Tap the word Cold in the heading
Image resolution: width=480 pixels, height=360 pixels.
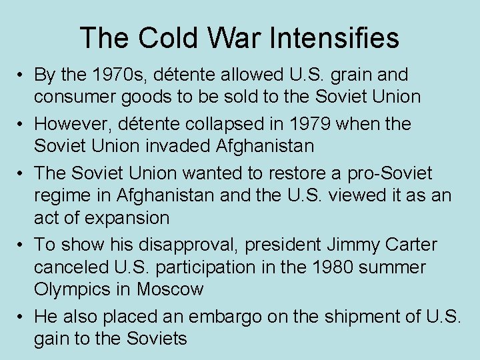click(161, 37)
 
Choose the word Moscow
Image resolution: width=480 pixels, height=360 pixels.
click(171, 290)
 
